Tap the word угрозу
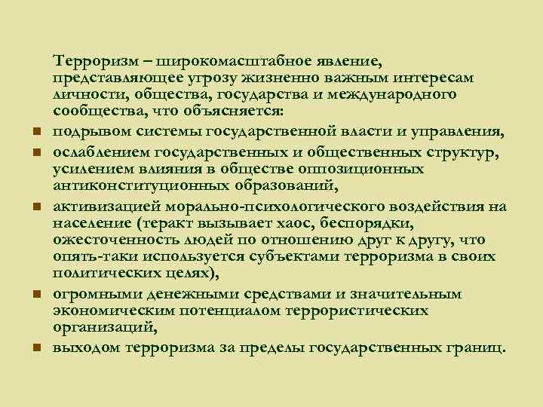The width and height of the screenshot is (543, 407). click(195, 78)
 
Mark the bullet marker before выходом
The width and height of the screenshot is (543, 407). click(35, 349)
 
